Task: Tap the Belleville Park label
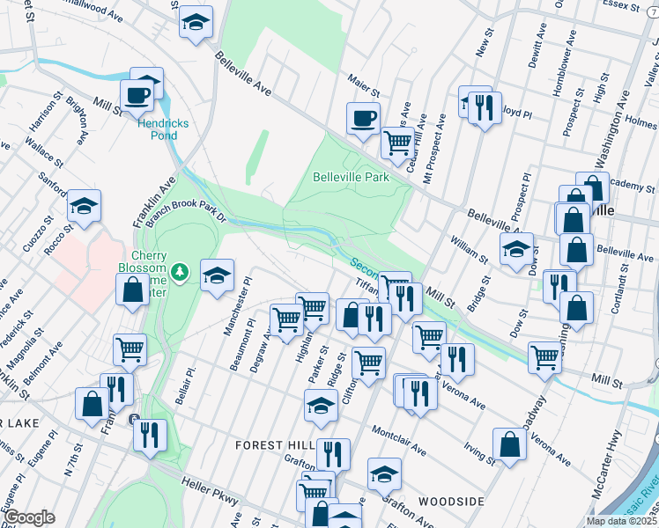coord(351,177)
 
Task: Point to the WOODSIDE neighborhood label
coord(450,501)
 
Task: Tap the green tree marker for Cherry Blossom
coord(180,271)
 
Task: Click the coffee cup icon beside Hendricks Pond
coord(137,94)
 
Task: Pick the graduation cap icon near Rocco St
coord(85,206)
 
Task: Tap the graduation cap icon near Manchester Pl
coord(217,275)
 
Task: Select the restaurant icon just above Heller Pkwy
coord(150,434)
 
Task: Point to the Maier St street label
coord(362,91)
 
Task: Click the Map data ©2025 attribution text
coord(622,521)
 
